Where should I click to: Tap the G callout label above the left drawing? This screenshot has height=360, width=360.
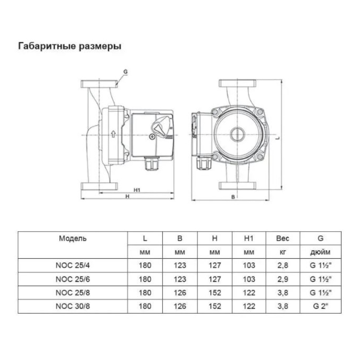tap(126, 72)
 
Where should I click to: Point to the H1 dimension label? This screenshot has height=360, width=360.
tap(137, 190)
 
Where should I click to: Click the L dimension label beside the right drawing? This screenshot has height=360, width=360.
tap(278, 138)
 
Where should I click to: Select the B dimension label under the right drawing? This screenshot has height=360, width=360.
tap(233, 197)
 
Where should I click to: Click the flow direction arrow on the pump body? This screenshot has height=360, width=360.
tap(113, 134)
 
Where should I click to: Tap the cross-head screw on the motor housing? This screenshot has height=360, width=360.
tap(152, 137)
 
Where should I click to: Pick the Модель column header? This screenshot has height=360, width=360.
tap(72, 238)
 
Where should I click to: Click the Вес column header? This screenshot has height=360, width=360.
tap(283, 238)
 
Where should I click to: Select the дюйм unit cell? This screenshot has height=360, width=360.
tap(320, 252)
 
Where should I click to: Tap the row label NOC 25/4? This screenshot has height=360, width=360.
tap(73, 265)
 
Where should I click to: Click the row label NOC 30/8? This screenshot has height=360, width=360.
tap(73, 306)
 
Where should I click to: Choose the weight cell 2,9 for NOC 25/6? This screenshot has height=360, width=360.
tap(283, 279)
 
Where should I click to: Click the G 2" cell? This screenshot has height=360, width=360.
tap(320, 306)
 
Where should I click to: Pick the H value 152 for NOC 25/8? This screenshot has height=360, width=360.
tap(215, 293)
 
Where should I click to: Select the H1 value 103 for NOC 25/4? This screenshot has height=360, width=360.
tap(249, 265)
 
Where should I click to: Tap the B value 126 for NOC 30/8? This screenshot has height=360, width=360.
tap(180, 306)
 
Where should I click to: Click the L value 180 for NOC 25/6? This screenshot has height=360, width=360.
tap(145, 279)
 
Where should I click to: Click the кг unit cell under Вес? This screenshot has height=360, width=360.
tap(283, 252)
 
